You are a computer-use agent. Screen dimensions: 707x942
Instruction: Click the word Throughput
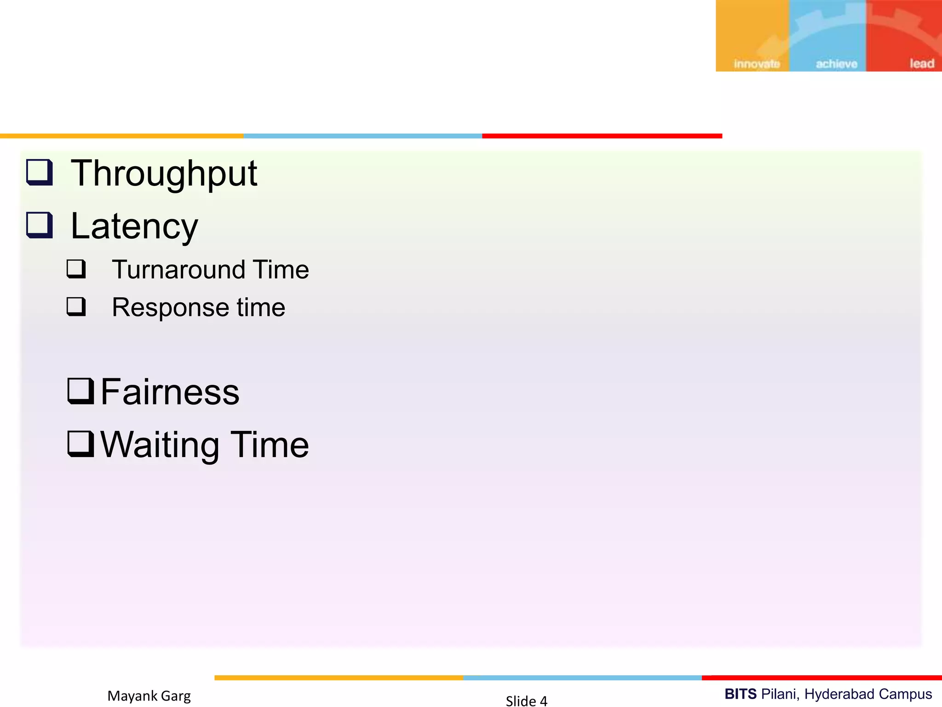click(164, 174)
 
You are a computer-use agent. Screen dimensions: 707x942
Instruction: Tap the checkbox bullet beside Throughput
click(40, 172)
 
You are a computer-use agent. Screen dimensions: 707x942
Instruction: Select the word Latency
click(134, 226)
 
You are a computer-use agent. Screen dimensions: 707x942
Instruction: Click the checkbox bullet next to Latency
click(40, 225)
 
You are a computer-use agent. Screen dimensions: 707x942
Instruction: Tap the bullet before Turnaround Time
click(76, 268)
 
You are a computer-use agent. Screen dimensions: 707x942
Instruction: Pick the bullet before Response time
click(76, 306)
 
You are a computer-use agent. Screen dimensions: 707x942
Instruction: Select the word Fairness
click(170, 392)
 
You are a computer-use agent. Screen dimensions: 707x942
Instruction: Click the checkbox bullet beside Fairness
click(80, 391)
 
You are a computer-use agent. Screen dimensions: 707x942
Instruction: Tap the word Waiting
click(160, 445)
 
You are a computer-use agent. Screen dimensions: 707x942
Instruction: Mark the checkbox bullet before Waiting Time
click(80, 444)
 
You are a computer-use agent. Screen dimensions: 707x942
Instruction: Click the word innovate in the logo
click(757, 64)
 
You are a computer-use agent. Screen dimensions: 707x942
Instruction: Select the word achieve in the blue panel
click(836, 64)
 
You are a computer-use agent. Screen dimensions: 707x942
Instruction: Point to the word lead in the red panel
click(921, 64)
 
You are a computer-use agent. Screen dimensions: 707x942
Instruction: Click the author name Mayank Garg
click(149, 695)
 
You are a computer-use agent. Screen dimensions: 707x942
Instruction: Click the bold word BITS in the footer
click(740, 694)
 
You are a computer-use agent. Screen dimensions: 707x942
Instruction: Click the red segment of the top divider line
click(602, 136)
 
